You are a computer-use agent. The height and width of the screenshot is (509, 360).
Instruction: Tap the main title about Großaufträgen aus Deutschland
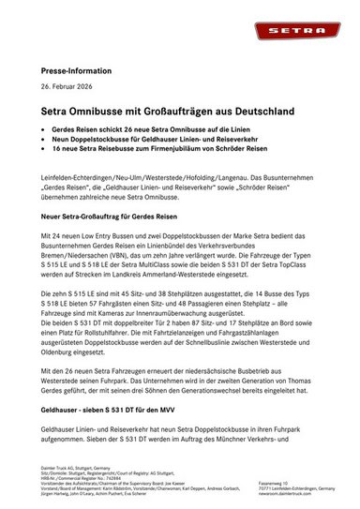tap(167, 112)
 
